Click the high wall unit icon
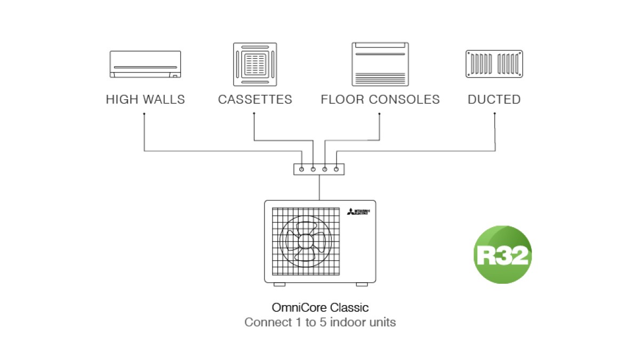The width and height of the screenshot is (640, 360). click(145, 65)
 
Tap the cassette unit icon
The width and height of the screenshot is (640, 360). click(255, 65)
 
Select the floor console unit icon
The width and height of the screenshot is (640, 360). click(380, 65)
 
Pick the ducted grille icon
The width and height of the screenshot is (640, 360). click(494, 65)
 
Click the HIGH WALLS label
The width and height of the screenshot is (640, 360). click(145, 100)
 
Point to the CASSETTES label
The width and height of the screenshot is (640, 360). click(255, 100)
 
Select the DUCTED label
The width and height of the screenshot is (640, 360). click(494, 100)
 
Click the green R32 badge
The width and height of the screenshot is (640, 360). click(502, 254)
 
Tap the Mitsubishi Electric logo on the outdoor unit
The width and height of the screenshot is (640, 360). click(358, 213)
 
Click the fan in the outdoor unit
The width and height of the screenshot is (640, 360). click(305, 241)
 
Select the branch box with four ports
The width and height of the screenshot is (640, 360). click(319, 169)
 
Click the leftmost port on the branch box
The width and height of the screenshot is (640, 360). click(302, 169)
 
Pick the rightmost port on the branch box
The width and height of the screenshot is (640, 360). click(337, 169)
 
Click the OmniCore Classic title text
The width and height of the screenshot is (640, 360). click(320, 308)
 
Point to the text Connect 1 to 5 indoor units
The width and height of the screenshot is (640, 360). click(320, 323)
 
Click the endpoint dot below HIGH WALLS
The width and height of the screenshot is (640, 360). click(145, 114)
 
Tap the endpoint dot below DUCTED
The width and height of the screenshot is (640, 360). click(495, 114)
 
